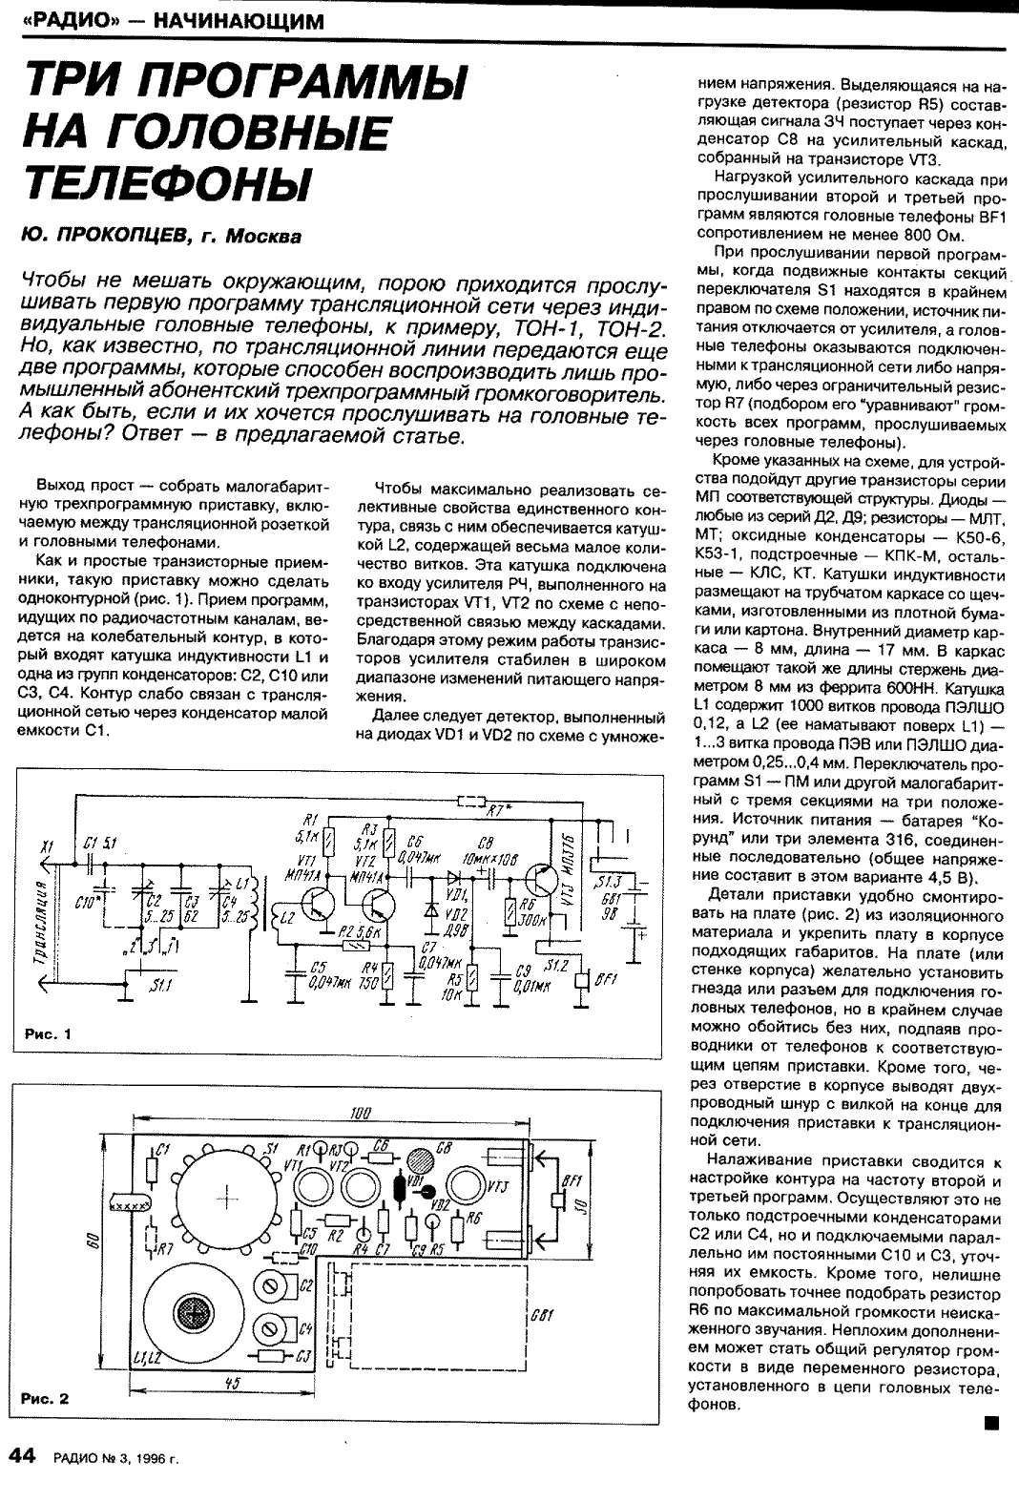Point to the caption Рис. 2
pos(46,1400)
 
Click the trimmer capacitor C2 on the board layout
pos(278,1289)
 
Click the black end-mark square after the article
pos(992,1425)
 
